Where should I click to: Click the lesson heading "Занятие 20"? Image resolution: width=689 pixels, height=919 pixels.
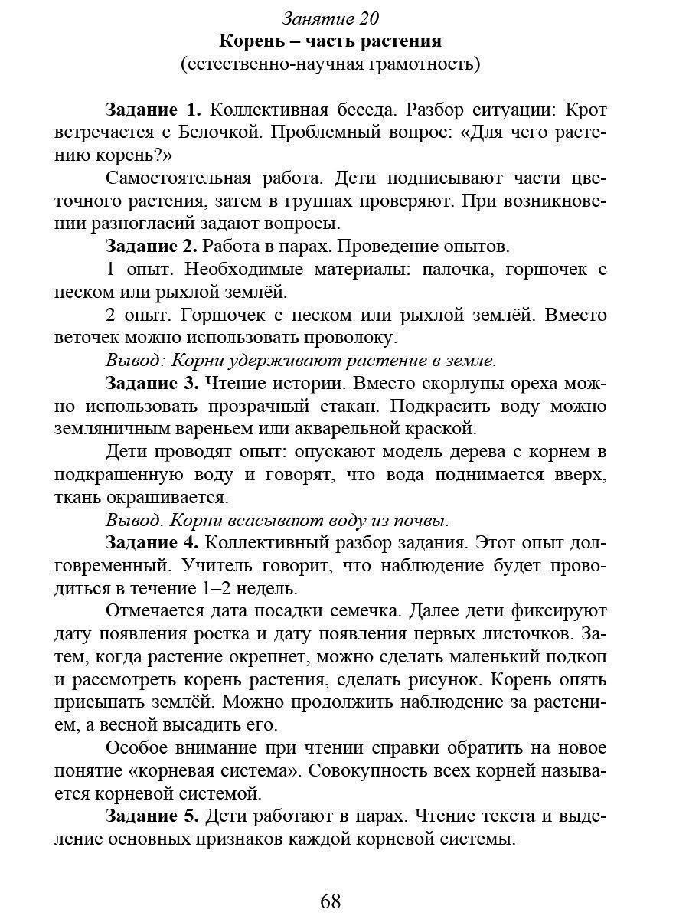pyautogui.click(x=331, y=18)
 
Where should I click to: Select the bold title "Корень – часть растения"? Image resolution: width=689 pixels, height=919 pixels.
pyautogui.click(x=331, y=41)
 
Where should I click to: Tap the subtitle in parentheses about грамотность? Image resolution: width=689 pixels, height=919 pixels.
pyautogui.click(x=331, y=64)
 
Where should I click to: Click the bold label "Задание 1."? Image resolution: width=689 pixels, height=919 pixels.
pyautogui.click(x=153, y=110)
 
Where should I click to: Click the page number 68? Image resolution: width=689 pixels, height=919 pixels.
pyautogui.click(x=331, y=901)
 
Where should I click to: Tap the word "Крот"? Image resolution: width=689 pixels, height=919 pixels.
pyautogui.click(x=586, y=110)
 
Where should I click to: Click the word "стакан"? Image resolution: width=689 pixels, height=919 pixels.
pyautogui.click(x=353, y=405)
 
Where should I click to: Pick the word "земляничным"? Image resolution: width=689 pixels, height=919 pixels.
pyautogui.click(x=113, y=427)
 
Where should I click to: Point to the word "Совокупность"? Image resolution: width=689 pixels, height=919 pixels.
pyautogui.click(x=374, y=770)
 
